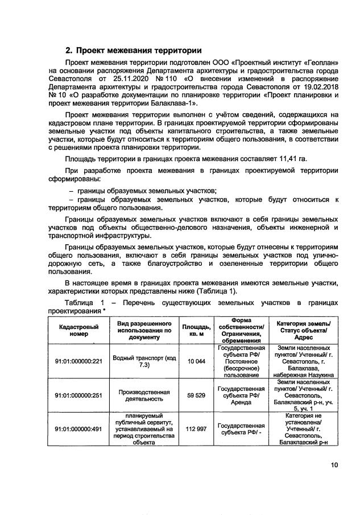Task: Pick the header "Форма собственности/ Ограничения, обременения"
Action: (242, 331)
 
